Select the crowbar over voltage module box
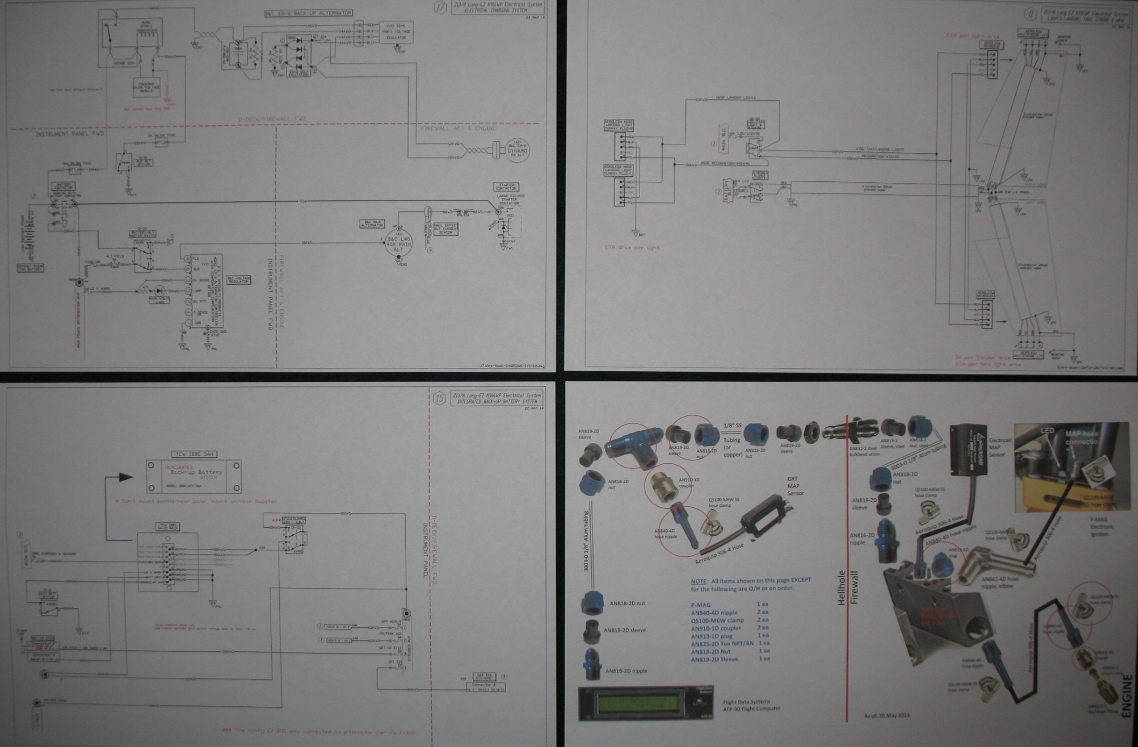tap(146, 87)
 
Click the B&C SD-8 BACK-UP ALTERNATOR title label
tap(308, 13)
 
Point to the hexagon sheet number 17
tap(440, 8)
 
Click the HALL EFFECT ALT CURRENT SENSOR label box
tap(445, 229)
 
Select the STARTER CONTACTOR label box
tap(506, 186)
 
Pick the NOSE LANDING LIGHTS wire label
tap(735, 98)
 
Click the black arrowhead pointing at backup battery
tap(126, 477)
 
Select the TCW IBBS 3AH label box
tap(193, 454)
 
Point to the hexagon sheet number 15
tap(439, 398)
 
